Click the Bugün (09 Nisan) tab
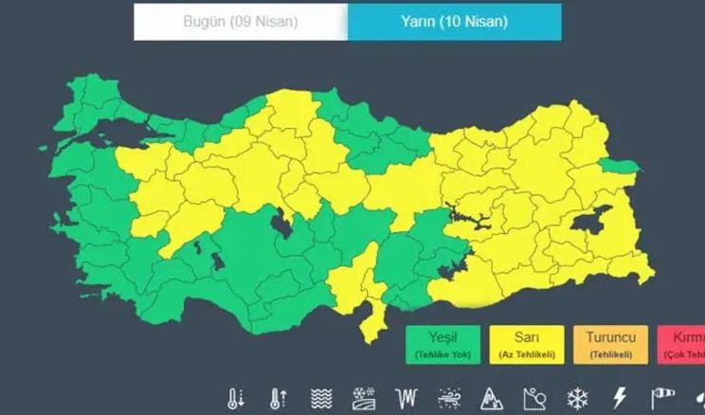click(x=240, y=23)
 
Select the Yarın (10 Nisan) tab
click(x=454, y=23)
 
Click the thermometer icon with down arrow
click(x=236, y=398)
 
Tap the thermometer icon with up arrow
click(x=278, y=398)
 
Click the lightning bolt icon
click(x=620, y=398)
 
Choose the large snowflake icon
click(x=577, y=398)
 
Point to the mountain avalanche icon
click(x=491, y=398)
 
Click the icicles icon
click(x=406, y=398)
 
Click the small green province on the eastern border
click(x=619, y=168)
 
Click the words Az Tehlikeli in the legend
click(x=527, y=355)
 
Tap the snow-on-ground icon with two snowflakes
click(x=363, y=398)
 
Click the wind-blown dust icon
click(x=448, y=398)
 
